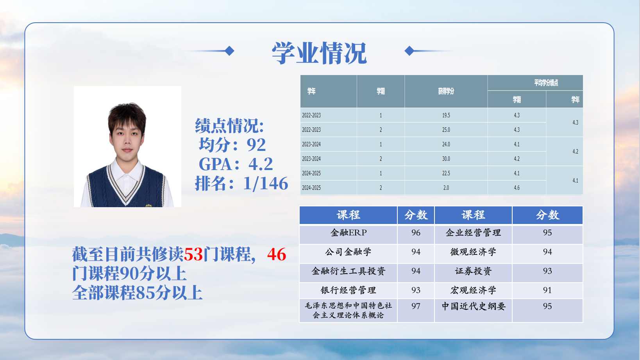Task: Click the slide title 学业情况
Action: [x=319, y=53]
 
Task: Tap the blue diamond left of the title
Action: [x=229, y=51]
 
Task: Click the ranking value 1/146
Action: [x=265, y=183]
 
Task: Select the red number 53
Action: [x=193, y=254]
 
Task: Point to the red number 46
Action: [x=277, y=254]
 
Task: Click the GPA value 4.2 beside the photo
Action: [x=261, y=164]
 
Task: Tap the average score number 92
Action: [x=256, y=145]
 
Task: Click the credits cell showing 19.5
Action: [x=446, y=115]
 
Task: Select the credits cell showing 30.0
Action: [x=446, y=159]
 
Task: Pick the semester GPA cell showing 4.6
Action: [x=517, y=188]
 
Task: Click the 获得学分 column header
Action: [x=446, y=91]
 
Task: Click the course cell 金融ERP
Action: [x=348, y=233]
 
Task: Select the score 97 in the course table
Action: [x=416, y=306]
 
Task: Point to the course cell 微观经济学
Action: [x=473, y=252]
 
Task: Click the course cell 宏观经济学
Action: [x=473, y=290]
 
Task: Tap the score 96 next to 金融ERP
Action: [x=416, y=233]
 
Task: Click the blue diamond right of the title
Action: [x=409, y=51]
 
